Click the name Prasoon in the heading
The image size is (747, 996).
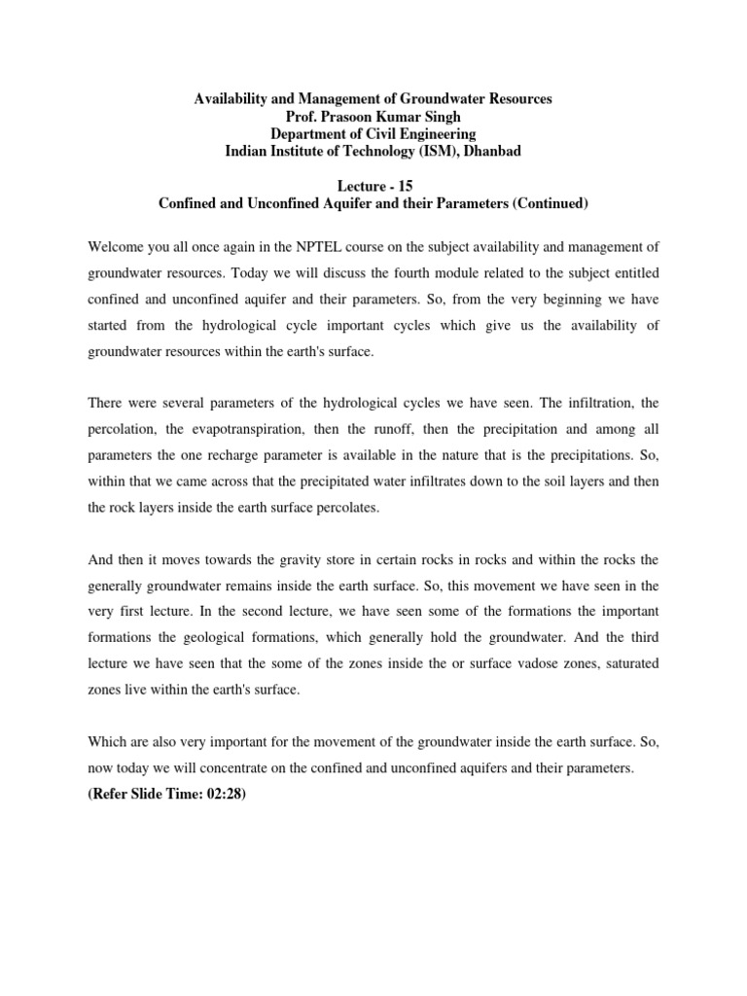pos(324,117)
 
